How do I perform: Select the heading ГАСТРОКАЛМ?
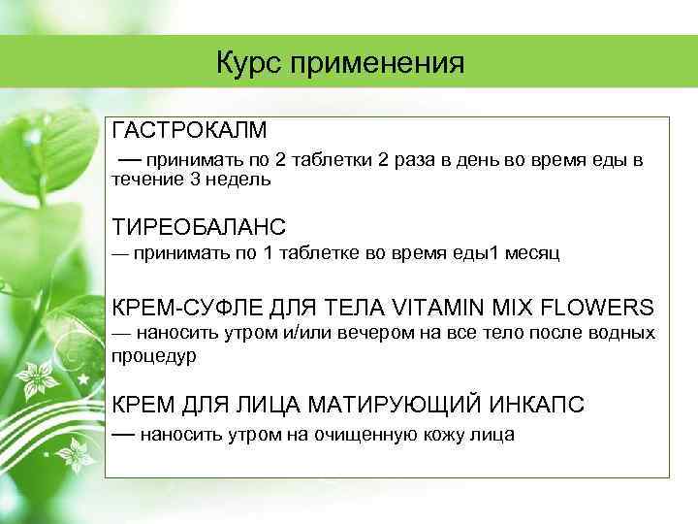[190, 130]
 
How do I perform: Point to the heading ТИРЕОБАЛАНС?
[200, 227]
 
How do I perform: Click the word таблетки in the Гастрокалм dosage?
[330, 160]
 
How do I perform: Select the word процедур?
[154, 356]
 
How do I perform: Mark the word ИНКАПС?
[536, 405]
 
